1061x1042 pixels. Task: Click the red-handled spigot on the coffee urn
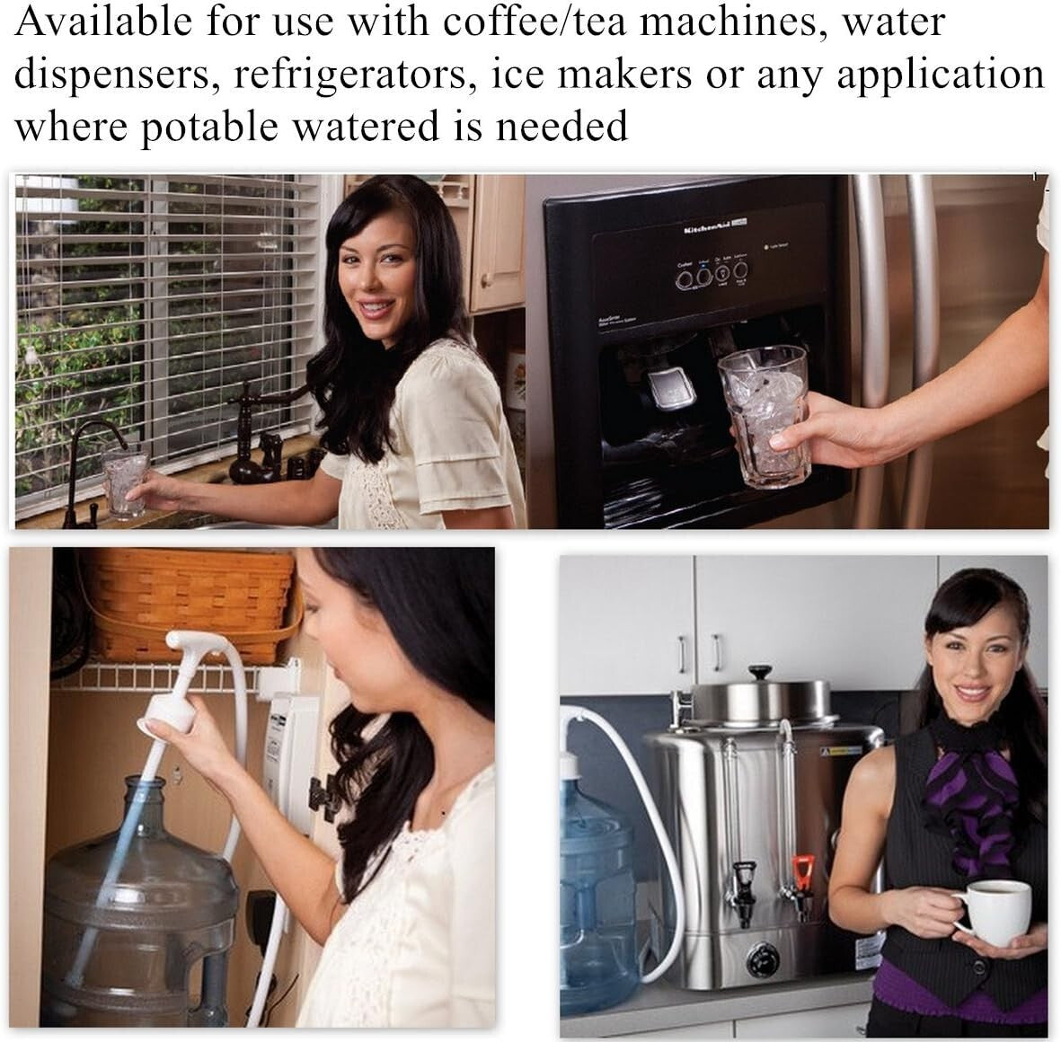pos(801,873)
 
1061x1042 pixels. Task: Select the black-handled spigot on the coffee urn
pos(743,883)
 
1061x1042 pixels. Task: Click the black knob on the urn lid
pos(761,672)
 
